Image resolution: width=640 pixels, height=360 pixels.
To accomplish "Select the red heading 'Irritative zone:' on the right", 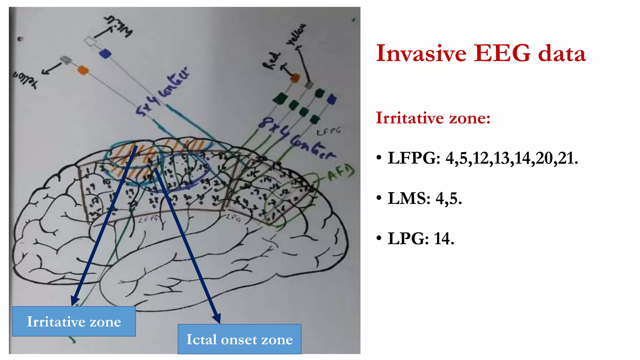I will pos(433,118).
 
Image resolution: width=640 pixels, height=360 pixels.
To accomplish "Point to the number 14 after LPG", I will pos(444,239).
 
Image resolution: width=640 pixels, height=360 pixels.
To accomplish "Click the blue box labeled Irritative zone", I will pos(74,321).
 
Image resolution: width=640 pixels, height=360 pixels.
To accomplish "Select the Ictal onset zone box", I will pos(239,339).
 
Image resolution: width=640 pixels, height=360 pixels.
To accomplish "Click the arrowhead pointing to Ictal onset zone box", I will pos(217,318).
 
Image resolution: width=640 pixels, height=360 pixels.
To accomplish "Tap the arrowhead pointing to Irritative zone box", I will pos(75,301).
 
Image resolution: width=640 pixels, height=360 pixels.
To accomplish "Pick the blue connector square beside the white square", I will pos(105,53).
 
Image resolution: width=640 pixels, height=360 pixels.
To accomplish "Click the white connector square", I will pos(90,41).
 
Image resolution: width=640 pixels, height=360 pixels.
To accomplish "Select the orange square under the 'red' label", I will pos(295,78).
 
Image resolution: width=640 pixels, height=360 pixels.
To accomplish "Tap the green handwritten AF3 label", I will pos(341,173).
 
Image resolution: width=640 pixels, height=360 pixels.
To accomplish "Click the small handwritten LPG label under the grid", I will pos(233,217).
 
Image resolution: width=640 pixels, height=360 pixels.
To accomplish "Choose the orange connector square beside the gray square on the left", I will pos(82,70).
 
